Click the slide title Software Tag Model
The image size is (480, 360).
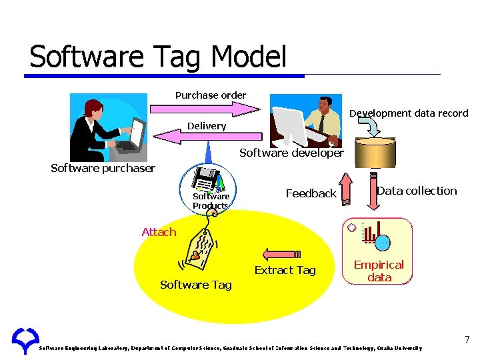158,57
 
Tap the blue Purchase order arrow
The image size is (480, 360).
207,107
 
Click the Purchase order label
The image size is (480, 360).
211,95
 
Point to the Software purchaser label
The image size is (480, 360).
103,168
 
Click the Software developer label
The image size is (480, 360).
291,153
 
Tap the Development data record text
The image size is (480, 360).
409,113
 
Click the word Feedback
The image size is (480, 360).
311,193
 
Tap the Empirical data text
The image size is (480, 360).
379,271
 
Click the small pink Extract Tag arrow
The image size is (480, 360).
283,253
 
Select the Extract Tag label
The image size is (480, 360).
285,270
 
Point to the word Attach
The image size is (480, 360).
159,232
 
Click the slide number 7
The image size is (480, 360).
467,340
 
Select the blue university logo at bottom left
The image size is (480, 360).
25,341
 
